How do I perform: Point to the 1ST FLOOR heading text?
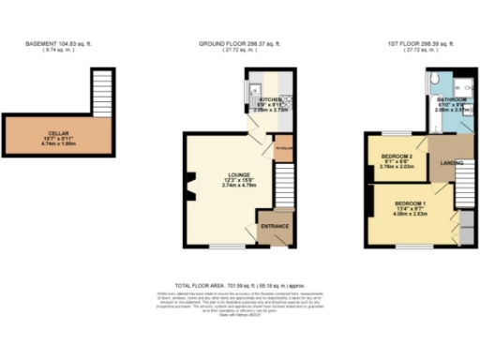click(x=410, y=44)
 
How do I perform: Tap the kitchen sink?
click(x=256, y=91)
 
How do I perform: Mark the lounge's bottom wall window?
click(x=222, y=247)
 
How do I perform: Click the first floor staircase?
click(x=465, y=187)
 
